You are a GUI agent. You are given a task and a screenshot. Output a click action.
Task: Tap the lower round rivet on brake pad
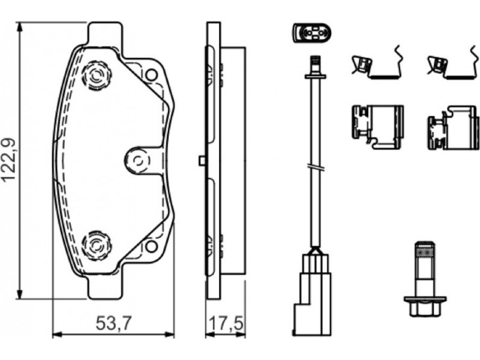[97, 245]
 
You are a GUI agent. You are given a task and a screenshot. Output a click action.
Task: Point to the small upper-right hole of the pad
[151, 74]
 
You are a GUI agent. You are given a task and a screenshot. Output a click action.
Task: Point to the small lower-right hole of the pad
[151, 246]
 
